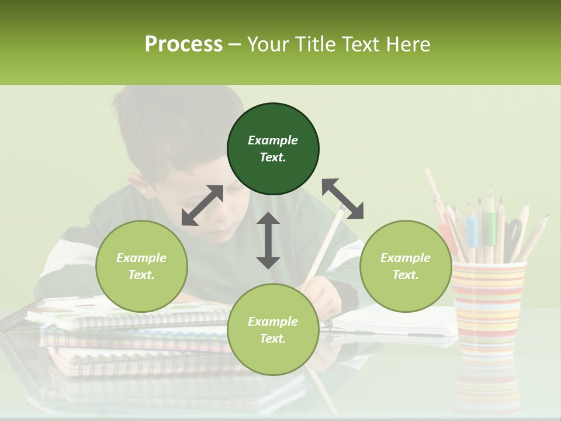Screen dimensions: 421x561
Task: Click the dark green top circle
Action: pyautogui.click(x=273, y=149)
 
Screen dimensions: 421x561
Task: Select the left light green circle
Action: pyautogui.click(x=141, y=266)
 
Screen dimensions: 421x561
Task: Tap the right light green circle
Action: pyautogui.click(x=406, y=266)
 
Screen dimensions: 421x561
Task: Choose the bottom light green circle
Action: pyautogui.click(x=273, y=330)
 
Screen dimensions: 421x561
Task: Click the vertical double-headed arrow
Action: pyautogui.click(x=268, y=240)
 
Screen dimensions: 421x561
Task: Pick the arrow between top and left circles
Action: pyautogui.click(x=202, y=205)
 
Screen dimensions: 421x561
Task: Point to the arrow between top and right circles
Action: pyautogui.click(x=342, y=199)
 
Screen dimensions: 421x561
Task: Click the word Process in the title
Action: pyautogui.click(x=183, y=44)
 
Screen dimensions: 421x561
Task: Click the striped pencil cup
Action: pyautogui.click(x=489, y=307)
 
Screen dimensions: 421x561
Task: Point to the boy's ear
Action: pyautogui.click(x=139, y=187)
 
